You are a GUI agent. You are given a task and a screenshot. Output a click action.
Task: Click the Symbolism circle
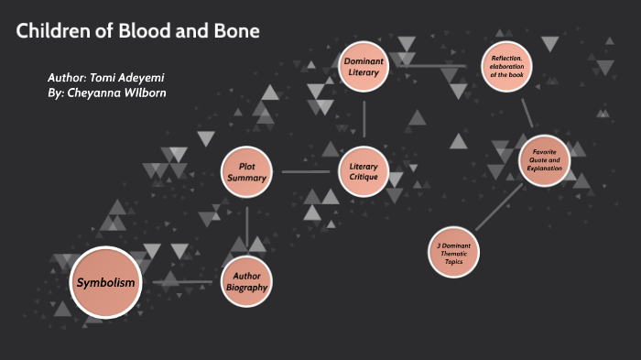106,282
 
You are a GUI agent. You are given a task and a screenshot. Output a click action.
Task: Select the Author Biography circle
247,281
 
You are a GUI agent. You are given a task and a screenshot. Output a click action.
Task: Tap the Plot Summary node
246,171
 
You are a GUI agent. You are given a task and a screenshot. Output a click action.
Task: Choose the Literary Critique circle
364,171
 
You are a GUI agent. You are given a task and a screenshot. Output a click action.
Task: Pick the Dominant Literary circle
364,66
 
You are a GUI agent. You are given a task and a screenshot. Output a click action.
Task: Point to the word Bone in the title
236,31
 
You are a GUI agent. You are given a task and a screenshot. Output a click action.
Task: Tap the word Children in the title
52,31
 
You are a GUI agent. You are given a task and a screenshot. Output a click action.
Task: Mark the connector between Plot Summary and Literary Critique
305,171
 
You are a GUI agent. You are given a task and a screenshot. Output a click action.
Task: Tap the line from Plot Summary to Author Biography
246,226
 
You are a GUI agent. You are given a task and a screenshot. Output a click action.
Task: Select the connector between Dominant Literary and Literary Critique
364,118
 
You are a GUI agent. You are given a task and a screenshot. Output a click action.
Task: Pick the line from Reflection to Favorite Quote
527,112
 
